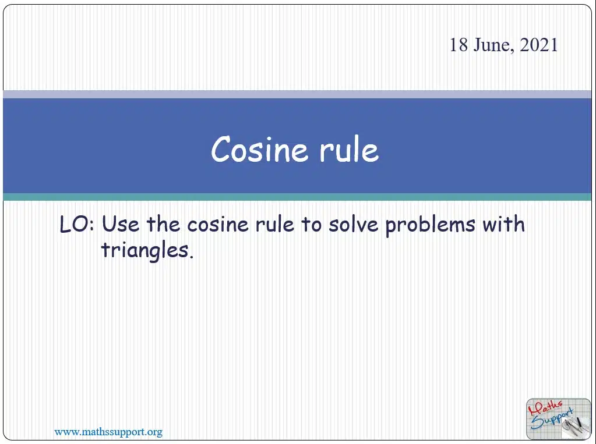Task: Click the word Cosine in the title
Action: pos(259,150)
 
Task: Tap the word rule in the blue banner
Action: pos(349,150)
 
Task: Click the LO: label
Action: pos(77,224)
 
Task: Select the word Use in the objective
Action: pos(121,224)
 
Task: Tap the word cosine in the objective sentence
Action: pos(218,225)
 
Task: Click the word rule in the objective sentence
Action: pos(274,224)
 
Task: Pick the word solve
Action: pos(354,224)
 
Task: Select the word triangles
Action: pos(147,251)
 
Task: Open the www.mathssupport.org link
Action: pos(108,432)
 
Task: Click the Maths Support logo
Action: pos(558,418)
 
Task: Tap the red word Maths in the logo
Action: pos(545,407)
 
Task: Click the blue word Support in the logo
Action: pos(552,418)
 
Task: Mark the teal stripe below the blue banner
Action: pos(297,197)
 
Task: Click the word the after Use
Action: pos(163,224)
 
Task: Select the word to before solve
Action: pos(311,225)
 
